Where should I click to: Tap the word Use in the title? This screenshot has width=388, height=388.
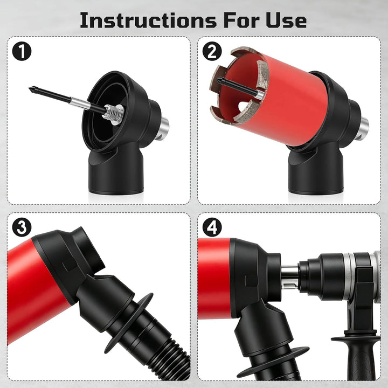point(286,20)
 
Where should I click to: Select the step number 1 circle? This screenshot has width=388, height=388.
point(22,51)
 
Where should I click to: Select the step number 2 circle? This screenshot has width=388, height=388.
point(212,51)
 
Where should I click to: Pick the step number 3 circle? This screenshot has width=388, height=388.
point(22,227)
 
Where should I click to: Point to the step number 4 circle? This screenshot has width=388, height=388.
point(212,227)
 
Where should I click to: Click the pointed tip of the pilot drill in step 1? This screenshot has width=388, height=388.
point(30,88)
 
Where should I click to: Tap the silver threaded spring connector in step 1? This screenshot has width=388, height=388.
point(114,113)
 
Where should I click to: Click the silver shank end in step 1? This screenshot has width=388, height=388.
point(164,128)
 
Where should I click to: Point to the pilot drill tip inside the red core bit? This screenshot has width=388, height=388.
point(218,80)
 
